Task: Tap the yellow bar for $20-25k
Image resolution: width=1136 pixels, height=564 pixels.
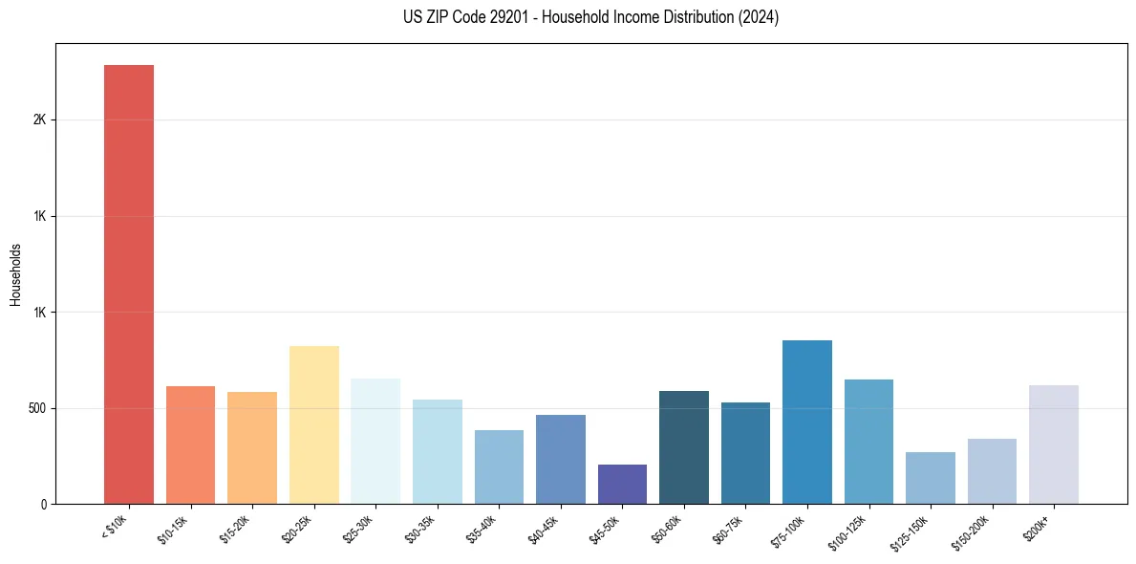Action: [313, 424]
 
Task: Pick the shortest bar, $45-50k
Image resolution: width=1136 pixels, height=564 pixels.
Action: [622, 485]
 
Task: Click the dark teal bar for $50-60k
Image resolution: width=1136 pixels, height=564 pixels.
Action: [684, 447]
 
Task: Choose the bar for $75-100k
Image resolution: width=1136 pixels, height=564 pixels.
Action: [807, 422]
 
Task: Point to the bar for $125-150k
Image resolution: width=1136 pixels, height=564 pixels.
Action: [931, 478]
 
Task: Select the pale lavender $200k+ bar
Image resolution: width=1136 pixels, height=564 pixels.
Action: [1054, 445]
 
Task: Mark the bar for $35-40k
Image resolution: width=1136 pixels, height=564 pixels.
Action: [499, 466]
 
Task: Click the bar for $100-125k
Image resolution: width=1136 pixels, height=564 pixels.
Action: [868, 442]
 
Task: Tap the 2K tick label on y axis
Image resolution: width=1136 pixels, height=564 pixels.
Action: [39, 120]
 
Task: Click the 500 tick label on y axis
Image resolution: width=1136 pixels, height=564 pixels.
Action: [36, 408]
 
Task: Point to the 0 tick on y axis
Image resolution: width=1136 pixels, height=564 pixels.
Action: [44, 504]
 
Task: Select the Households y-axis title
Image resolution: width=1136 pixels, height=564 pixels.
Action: [16, 274]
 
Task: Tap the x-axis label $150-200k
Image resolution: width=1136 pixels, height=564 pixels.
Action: [973, 531]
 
